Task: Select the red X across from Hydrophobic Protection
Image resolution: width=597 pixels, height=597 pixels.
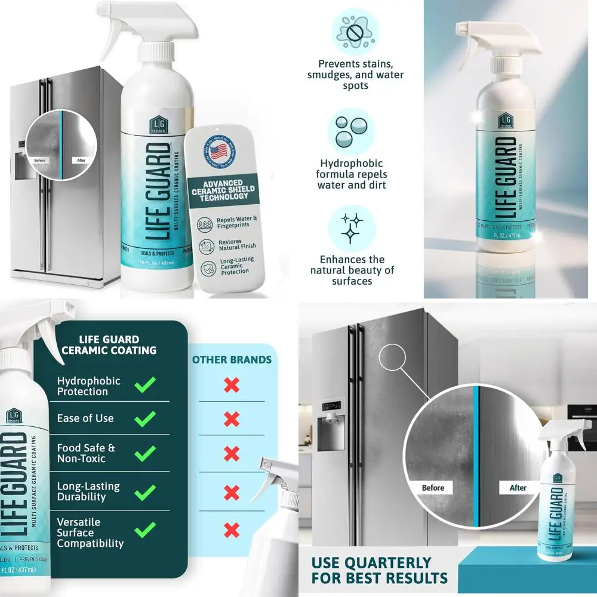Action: click(x=232, y=385)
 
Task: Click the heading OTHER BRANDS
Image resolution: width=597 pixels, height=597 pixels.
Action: click(x=232, y=360)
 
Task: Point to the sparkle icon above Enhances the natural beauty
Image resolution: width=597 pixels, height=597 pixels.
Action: click(x=352, y=228)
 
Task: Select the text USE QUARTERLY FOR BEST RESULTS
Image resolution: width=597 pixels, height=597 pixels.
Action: click(x=379, y=570)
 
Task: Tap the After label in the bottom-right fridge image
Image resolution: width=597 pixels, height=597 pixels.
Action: click(x=518, y=488)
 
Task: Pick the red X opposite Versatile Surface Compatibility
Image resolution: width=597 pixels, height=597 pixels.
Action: click(x=232, y=528)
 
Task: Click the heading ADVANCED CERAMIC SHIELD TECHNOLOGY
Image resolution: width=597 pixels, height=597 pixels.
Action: click(x=222, y=189)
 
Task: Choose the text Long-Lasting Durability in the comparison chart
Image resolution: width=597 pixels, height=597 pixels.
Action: click(x=88, y=491)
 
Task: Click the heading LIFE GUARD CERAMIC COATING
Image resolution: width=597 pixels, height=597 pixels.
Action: click(x=109, y=345)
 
